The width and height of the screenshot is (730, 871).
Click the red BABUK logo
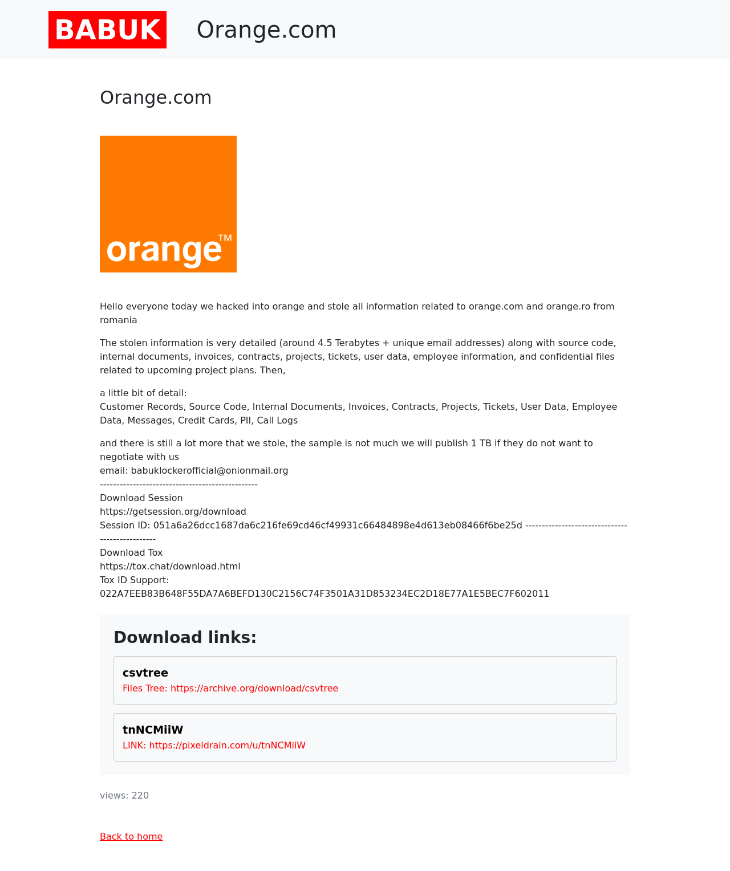(107, 30)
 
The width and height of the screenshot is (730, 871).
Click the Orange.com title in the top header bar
(266, 30)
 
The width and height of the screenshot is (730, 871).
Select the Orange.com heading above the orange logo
(156, 97)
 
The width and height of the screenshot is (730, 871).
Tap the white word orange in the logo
(164, 250)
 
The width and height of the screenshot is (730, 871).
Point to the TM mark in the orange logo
(225, 238)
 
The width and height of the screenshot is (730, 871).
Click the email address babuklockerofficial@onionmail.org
(209, 470)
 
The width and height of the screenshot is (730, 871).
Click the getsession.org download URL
(173, 511)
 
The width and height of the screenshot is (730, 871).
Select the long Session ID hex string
(338, 525)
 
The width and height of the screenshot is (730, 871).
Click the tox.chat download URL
(170, 566)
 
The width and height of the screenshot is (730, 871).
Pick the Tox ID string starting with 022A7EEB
(325, 593)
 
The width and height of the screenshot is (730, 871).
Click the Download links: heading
(185, 637)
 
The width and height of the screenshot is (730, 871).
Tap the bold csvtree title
(145, 673)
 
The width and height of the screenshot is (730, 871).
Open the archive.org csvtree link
(254, 688)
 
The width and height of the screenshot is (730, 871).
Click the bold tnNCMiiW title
(153, 730)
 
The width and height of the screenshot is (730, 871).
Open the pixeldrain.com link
(228, 745)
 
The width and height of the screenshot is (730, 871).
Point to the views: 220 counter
(124, 795)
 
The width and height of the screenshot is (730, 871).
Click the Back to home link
(131, 836)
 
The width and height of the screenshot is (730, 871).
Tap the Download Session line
(141, 498)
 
